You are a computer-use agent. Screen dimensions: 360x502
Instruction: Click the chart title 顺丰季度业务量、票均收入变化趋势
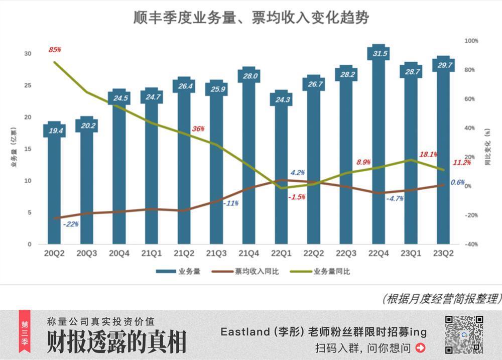(251, 18)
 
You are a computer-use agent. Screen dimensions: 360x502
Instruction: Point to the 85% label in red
(55, 50)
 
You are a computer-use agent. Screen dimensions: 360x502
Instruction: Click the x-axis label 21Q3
(216, 254)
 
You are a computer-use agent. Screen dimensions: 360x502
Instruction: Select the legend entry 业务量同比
(332, 272)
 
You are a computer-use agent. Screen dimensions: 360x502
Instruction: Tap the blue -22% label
(71, 224)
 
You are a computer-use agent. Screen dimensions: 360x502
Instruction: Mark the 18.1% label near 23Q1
(428, 155)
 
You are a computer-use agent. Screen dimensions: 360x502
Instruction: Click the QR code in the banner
(464, 334)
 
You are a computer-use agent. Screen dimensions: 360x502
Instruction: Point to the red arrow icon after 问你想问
(420, 347)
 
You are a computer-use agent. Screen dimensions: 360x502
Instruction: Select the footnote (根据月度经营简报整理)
(440, 299)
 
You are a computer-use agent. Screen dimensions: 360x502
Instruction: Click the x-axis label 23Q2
(443, 254)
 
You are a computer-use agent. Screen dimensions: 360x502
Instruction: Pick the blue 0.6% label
(457, 182)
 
